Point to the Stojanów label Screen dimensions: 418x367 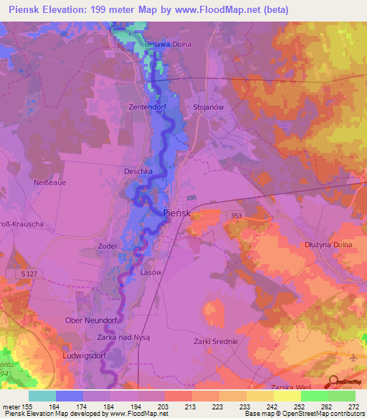[209, 107]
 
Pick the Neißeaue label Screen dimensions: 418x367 [50, 182]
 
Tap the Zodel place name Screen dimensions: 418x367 [108, 246]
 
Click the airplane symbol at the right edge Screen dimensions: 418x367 [353, 358]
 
